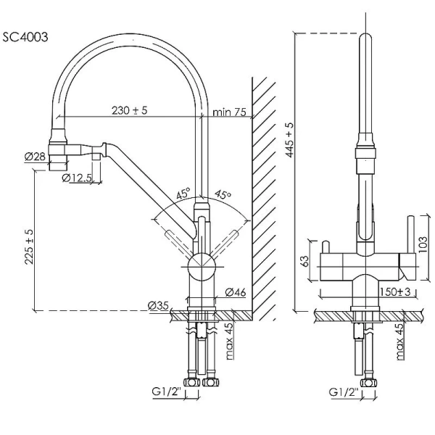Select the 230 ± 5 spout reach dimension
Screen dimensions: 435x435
coord(130,110)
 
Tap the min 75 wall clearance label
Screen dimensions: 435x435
coord(230,112)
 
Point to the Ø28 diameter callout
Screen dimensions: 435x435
coord(34,156)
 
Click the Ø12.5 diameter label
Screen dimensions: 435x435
coord(77,177)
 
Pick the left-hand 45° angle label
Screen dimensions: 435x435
coord(182,194)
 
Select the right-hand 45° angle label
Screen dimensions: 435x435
coord(222,194)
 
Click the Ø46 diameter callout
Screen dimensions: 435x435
coord(234,291)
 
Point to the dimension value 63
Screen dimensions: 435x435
coord(305,259)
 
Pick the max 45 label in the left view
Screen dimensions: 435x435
coord(229,341)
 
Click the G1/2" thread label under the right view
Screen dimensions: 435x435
coord(343,392)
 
